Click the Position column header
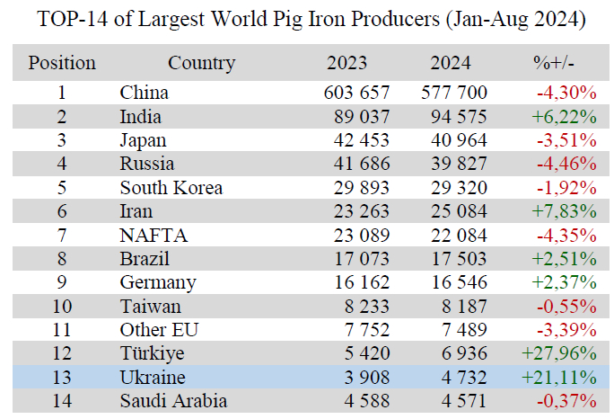click(62, 63)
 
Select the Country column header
click(201, 63)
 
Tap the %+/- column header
click(554, 63)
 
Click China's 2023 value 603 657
click(356, 92)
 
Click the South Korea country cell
click(171, 187)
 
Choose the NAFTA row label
click(153, 235)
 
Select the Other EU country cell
click(159, 330)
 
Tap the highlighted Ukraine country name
click(153, 378)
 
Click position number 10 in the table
click(62, 307)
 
